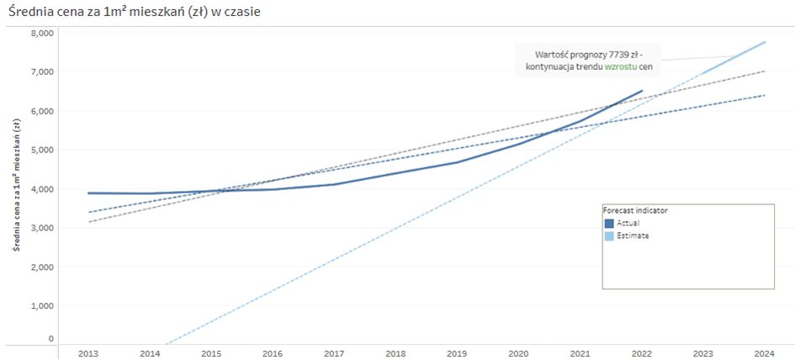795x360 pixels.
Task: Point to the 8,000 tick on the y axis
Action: [42, 33]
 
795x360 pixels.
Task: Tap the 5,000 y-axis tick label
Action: [42, 150]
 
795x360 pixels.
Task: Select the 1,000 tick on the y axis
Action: [42, 305]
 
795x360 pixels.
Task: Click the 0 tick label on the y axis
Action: [50, 339]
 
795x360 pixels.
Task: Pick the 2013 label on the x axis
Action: [88, 353]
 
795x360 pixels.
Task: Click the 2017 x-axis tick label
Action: [334, 353]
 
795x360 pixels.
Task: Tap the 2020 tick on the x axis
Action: [519, 353]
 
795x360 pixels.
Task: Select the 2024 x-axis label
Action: [765, 353]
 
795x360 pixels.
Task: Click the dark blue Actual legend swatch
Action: [609, 224]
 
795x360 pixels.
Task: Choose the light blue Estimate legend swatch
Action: [609, 236]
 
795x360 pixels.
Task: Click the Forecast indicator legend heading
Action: [635, 210]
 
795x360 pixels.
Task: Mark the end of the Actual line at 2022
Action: [642, 91]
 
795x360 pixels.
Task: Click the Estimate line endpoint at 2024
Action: [765, 42]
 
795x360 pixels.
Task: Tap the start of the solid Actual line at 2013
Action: [88, 193]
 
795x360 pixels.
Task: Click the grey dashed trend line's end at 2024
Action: [765, 71]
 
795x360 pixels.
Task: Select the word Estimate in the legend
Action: [633, 236]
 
